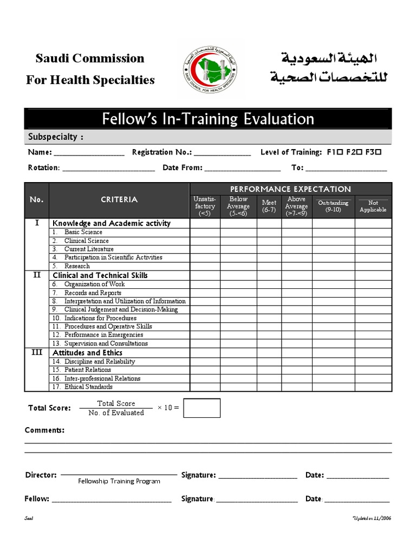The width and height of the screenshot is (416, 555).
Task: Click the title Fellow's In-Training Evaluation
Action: (207, 119)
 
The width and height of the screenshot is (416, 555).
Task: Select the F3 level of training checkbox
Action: (378, 153)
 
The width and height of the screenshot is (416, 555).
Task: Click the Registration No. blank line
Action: (222, 154)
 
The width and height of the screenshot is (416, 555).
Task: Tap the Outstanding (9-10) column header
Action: (333, 206)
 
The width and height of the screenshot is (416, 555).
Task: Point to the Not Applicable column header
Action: (373, 206)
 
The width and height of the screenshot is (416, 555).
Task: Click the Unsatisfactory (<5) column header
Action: (204, 206)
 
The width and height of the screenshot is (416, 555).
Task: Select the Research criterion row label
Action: (77, 266)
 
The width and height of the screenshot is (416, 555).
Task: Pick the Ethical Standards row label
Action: (88, 387)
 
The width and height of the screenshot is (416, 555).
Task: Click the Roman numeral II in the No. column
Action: (37, 275)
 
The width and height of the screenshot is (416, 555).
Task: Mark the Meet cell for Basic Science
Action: (269, 232)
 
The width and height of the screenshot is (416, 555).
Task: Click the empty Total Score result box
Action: (201, 408)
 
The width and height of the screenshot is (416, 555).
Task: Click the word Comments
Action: (44, 430)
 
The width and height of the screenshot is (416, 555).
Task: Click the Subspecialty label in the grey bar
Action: (55, 137)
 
